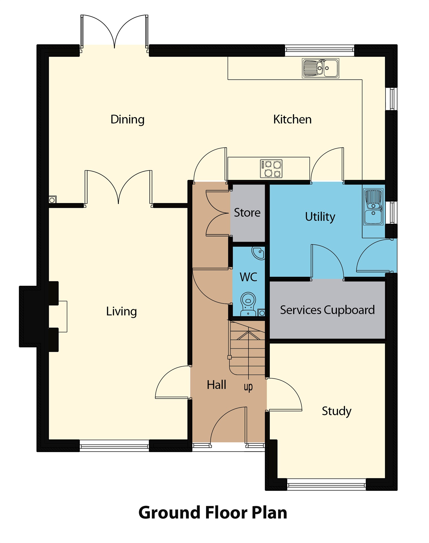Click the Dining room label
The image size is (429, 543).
127,119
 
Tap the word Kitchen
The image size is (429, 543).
292,119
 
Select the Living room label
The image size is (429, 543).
121,311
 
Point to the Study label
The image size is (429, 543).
336,411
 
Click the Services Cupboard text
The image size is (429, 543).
327,310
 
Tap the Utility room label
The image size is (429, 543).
320,217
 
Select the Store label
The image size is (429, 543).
247,213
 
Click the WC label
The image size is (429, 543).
248,277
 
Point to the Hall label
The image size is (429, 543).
216,385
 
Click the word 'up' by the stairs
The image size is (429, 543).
248,387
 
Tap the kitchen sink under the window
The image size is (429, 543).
320,68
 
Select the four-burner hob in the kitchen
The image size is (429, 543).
271,169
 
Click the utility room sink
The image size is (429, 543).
373,207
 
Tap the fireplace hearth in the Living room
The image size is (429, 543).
62,316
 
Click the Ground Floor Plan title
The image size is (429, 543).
213,512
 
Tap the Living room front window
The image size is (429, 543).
114,447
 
